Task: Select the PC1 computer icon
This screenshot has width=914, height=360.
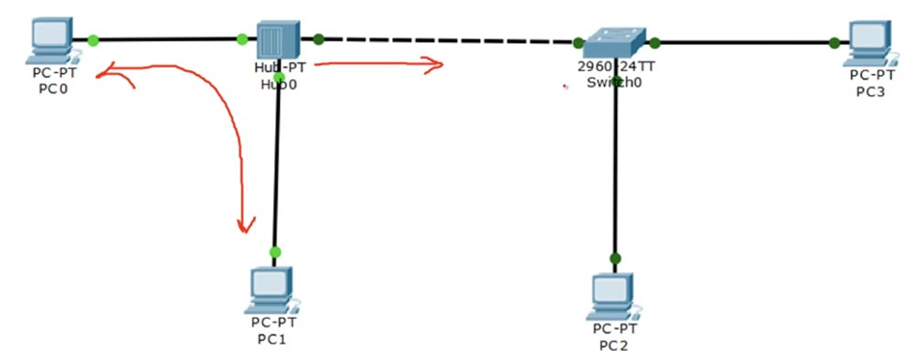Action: point(271,290)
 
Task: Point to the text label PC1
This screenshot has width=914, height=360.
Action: point(271,339)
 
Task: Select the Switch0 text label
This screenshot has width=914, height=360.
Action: point(614,82)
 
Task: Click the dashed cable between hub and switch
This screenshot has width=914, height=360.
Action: point(448,40)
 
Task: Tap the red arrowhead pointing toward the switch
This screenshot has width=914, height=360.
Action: point(437,64)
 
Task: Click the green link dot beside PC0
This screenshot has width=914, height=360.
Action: point(93,39)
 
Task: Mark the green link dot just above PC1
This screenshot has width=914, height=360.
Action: point(275,251)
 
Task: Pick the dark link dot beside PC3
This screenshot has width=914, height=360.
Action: point(834,42)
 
